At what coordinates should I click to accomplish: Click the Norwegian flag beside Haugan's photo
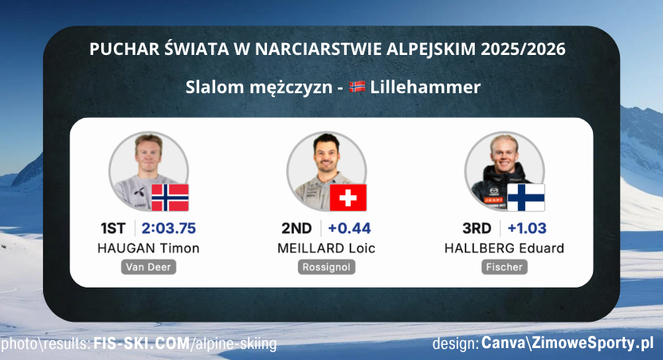click(170, 197)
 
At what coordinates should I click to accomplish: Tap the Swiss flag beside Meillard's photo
click(347, 197)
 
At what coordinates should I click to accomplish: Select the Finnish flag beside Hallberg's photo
click(526, 197)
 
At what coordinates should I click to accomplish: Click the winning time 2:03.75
click(169, 229)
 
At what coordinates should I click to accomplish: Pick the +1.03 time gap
click(527, 229)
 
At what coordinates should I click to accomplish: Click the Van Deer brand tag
click(148, 267)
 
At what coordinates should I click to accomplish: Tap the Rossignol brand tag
click(326, 267)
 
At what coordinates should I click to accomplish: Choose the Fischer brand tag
click(504, 267)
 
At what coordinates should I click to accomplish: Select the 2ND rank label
click(296, 229)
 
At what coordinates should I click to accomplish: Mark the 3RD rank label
click(477, 229)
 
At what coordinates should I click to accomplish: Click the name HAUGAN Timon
click(148, 248)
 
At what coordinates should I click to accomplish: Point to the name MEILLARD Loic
click(326, 248)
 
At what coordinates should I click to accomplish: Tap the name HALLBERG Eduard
click(504, 248)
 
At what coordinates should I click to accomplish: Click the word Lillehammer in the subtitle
click(426, 87)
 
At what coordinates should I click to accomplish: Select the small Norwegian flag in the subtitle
click(357, 86)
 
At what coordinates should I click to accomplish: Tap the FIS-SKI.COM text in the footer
click(140, 344)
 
